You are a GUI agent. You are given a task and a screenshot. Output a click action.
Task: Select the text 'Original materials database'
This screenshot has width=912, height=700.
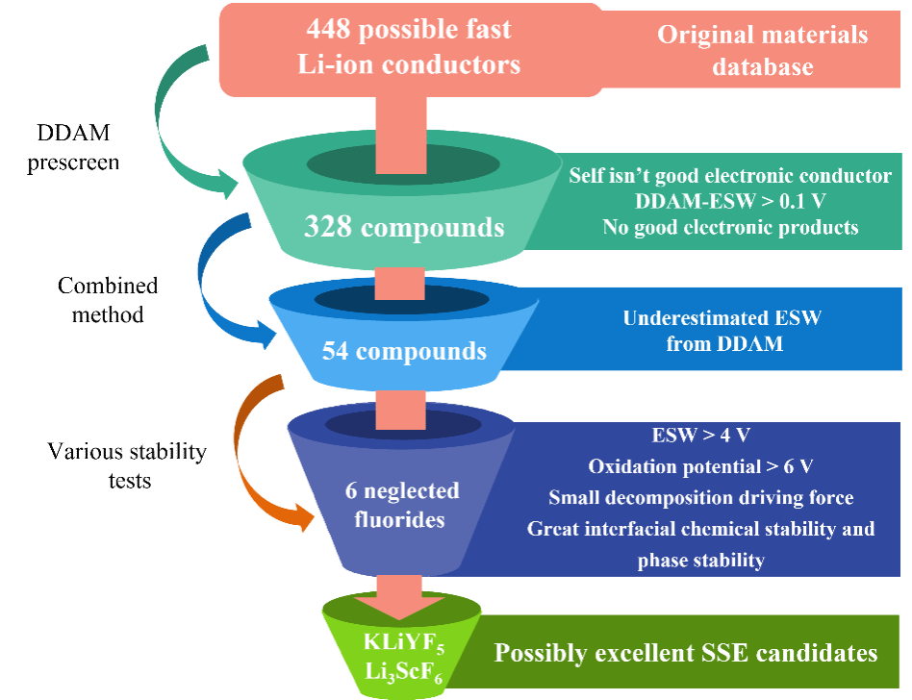(762, 51)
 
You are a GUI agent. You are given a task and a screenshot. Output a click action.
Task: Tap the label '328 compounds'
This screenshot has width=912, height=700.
(404, 228)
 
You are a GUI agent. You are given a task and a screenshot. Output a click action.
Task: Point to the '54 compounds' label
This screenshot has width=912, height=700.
(404, 351)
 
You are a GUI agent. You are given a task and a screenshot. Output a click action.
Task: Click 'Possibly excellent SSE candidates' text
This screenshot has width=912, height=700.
(686, 653)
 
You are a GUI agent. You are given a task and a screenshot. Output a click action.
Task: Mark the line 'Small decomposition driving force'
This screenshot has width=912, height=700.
(701, 498)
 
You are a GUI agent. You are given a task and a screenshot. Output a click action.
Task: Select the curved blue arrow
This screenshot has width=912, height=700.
(219, 288)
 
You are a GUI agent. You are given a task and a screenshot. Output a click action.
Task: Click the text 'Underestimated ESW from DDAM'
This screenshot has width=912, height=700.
(723, 331)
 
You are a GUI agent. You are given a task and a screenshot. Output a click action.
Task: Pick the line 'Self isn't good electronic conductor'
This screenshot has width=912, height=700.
(729, 176)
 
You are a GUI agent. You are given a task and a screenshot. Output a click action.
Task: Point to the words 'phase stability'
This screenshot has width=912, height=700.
(701, 561)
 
